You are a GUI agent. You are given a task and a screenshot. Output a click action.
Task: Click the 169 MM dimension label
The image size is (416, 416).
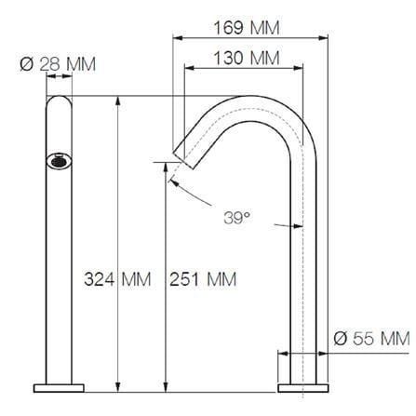247,28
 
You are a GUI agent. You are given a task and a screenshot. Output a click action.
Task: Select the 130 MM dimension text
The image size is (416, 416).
247,58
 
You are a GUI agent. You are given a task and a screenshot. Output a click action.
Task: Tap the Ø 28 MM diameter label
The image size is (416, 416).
58,64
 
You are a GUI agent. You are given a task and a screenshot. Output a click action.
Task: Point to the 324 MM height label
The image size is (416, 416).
117,279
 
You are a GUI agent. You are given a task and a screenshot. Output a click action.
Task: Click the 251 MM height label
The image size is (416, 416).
203,279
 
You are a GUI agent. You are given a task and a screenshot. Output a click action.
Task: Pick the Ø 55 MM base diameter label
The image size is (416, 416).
371,338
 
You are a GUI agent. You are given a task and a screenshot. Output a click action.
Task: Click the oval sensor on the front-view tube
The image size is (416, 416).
59,161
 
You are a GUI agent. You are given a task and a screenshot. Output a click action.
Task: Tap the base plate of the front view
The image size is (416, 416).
59,388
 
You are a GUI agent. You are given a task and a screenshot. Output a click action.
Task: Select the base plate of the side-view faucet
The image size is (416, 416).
303,388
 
